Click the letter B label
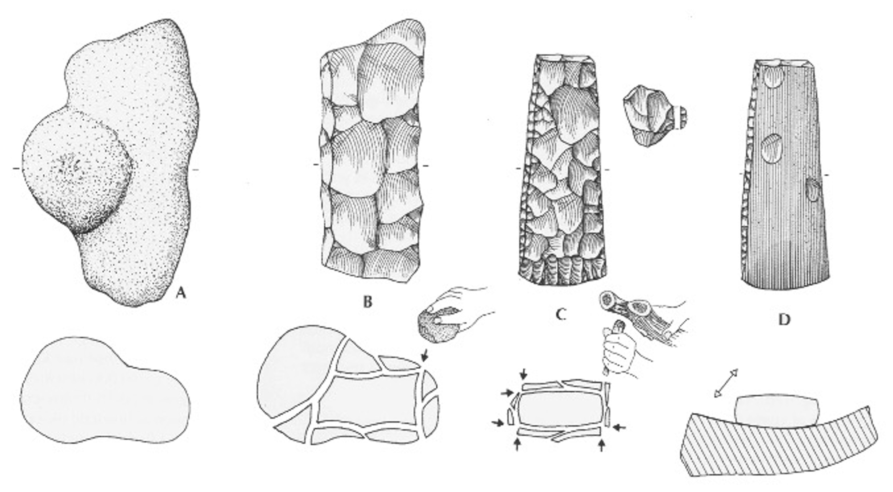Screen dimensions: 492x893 [368, 302]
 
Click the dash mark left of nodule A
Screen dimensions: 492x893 [16, 168]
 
